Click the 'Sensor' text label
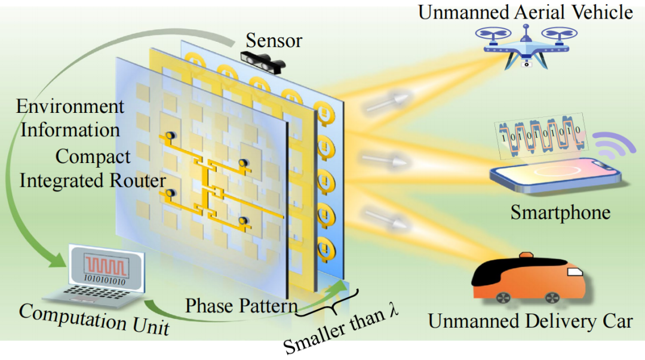pyautogui.click(x=275, y=41)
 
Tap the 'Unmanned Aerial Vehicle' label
pyautogui.click(x=526, y=12)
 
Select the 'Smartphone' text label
pyautogui.click(x=560, y=213)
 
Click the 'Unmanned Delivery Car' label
pyautogui.click(x=530, y=321)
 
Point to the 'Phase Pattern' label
pyautogui.click(x=241, y=306)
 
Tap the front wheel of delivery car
pyautogui.click(x=502, y=297)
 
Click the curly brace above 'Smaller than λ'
pyautogui.click(x=328, y=304)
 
